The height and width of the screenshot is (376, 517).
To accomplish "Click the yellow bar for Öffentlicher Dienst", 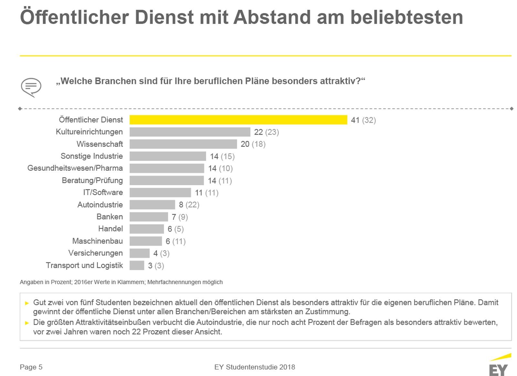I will (x=238, y=120).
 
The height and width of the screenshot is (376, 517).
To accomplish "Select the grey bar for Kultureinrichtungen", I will (x=190, y=132).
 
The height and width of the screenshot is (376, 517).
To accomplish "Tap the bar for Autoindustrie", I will (x=152, y=205).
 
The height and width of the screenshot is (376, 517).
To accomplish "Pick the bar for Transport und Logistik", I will (x=137, y=265).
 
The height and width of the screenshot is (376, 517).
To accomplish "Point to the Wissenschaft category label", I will (x=100, y=144).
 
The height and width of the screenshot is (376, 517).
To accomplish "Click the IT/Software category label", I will (x=103, y=192).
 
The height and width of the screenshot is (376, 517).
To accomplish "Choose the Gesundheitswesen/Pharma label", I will (x=75, y=168).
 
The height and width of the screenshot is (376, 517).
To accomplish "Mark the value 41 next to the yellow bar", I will (x=355, y=120).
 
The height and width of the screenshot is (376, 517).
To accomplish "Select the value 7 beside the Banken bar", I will (x=174, y=217).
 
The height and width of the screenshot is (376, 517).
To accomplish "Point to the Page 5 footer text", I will (x=31, y=367).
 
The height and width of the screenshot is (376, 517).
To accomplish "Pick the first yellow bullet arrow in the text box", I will (x=27, y=303).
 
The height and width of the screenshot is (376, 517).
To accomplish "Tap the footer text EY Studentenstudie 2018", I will (x=255, y=367).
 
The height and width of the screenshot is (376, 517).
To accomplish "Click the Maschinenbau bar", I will (x=145, y=241).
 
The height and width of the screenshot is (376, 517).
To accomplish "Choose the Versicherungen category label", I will (x=95, y=253).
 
